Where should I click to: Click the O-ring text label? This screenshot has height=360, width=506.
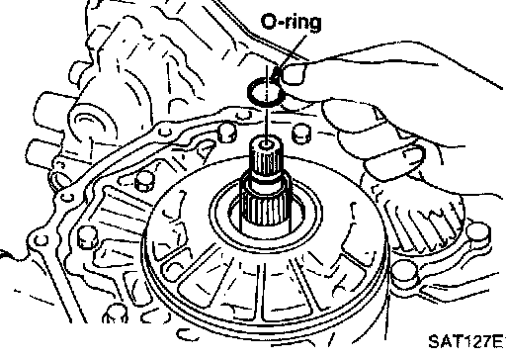[x=291, y=23]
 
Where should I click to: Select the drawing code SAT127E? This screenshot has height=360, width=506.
[x=466, y=341]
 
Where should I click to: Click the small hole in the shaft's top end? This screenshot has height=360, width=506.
[x=266, y=145]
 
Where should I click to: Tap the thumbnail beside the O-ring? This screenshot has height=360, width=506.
[x=295, y=73]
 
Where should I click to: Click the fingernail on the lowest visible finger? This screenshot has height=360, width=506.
[x=412, y=156]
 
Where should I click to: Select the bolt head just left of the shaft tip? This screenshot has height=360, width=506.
[x=227, y=133]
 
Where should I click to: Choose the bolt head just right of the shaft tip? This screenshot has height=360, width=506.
[x=301, y=134]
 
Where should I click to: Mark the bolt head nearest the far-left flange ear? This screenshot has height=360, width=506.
[x=88, y=237]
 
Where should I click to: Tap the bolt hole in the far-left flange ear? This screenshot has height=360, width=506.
[x=41, y=240]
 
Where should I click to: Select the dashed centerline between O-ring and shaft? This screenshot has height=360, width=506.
[x=267, y=102]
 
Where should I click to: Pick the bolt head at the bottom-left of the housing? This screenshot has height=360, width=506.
[x=116, y=314]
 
